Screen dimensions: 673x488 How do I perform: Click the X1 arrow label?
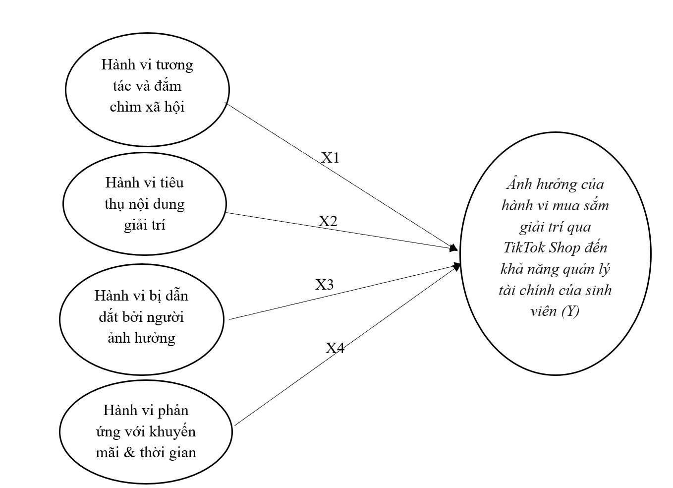tap(330, 158)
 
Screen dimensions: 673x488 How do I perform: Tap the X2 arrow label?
tap(328, 221)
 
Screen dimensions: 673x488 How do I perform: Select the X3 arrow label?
tap(325, 285)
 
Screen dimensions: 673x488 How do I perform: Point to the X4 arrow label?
tap(335, 348)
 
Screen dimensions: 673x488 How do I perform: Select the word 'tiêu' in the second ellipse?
tap(171, 183)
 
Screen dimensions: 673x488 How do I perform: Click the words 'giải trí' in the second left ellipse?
tap(145, 226)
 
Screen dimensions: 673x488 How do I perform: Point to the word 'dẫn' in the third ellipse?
tap(176, 296)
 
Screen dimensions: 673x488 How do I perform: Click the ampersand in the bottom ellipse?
tap(129, 452)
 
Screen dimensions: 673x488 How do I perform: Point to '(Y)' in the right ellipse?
tap(570, 311)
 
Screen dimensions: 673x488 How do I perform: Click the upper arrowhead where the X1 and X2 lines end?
tap(453, 248)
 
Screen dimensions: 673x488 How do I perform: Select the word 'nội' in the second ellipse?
tap(140, 204)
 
